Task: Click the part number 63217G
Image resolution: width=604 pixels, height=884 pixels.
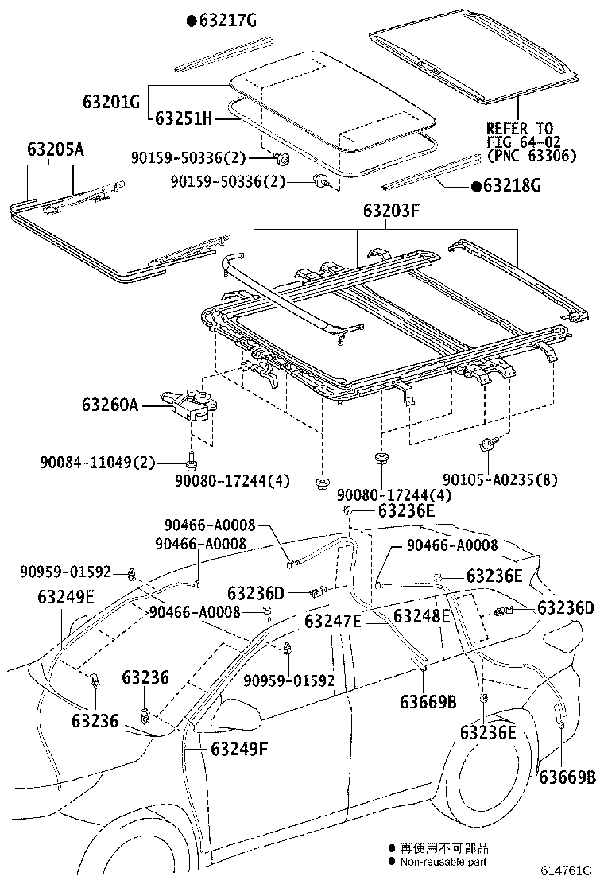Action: point(227,21)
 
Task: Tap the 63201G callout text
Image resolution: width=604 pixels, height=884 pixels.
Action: point(110,102)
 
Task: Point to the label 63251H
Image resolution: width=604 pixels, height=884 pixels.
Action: point(184,118)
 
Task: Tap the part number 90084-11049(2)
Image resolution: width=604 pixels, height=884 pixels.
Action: point(97,463)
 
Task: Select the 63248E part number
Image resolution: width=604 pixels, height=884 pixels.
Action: point(422,615)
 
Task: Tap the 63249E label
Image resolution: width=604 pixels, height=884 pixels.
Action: point(66,597)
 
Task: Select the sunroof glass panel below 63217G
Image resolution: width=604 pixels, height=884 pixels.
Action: point(334,99)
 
